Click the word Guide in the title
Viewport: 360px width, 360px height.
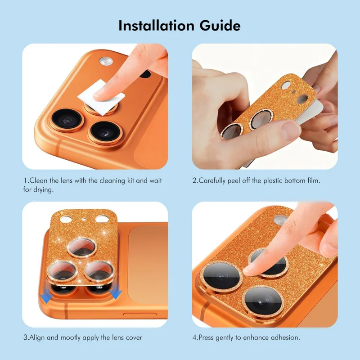(220, 26)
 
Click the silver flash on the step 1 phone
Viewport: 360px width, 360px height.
(106, 61)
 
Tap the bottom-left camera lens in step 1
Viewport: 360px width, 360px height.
(67, 120)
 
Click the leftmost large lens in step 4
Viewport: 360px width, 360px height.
(220, 276)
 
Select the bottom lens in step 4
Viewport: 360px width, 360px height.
(263, 301)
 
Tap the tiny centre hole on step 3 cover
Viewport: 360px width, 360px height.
(84, 219)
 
